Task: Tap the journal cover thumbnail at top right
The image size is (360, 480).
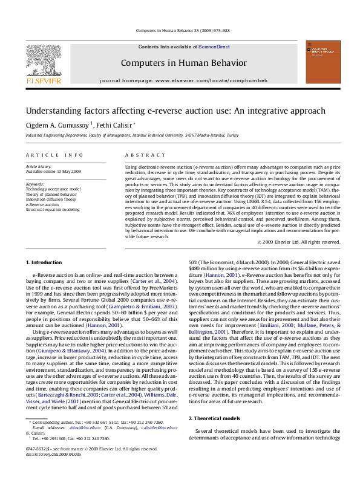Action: [323, 63]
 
